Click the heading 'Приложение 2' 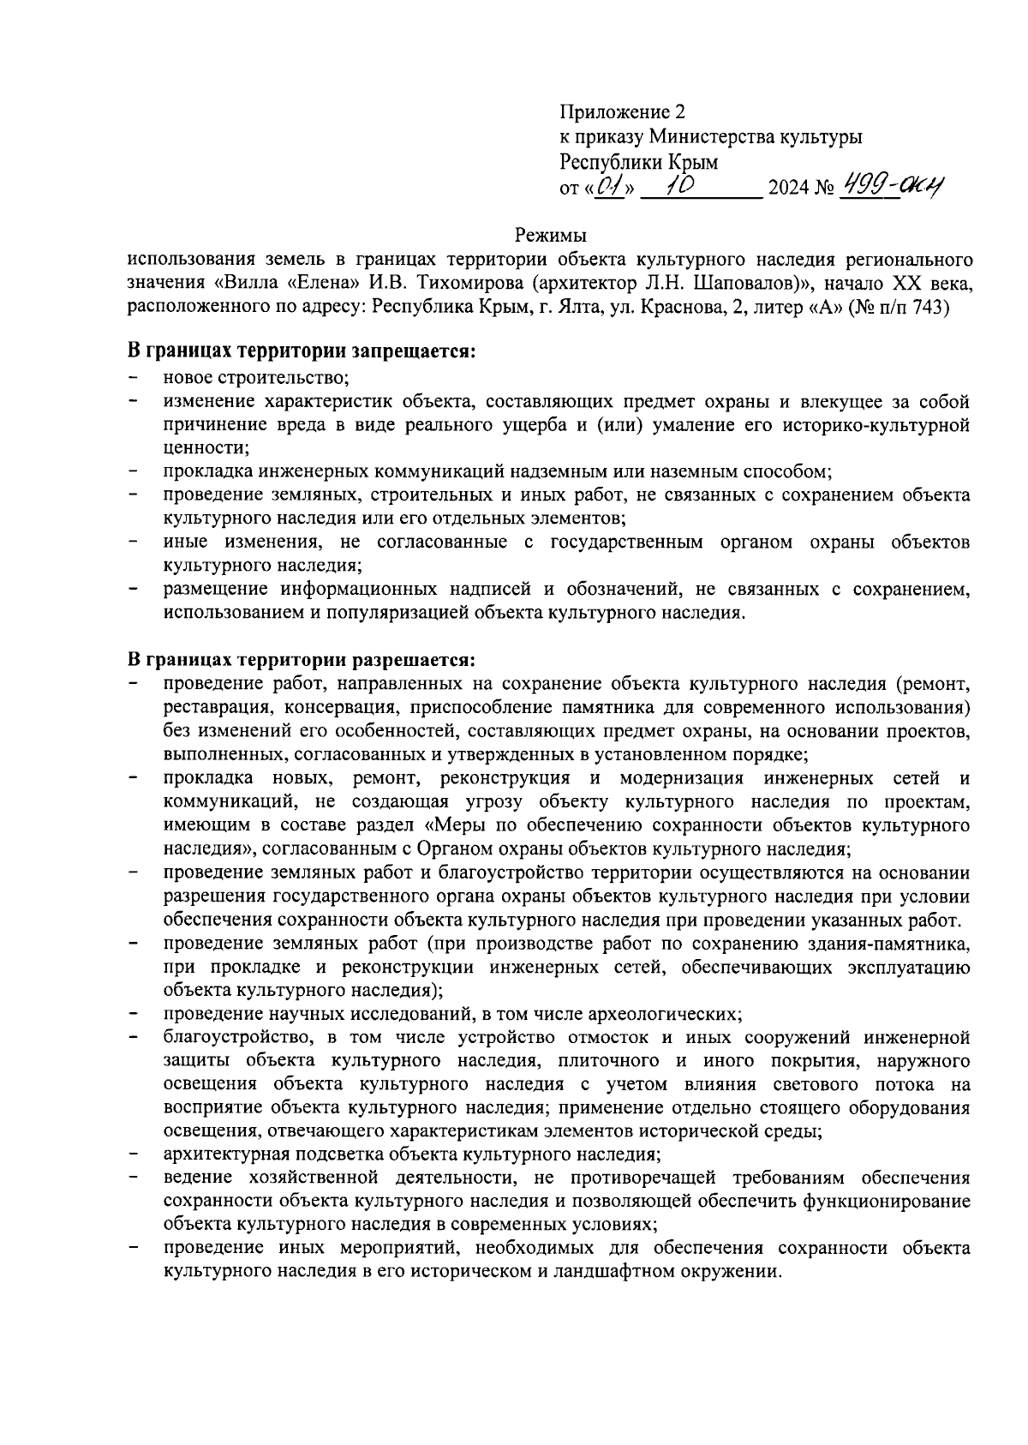[623, 112]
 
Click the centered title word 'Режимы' [550, 234]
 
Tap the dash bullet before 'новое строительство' [134, 377]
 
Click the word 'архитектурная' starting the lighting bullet [219, 1154]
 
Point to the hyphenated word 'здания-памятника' [897, 944]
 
